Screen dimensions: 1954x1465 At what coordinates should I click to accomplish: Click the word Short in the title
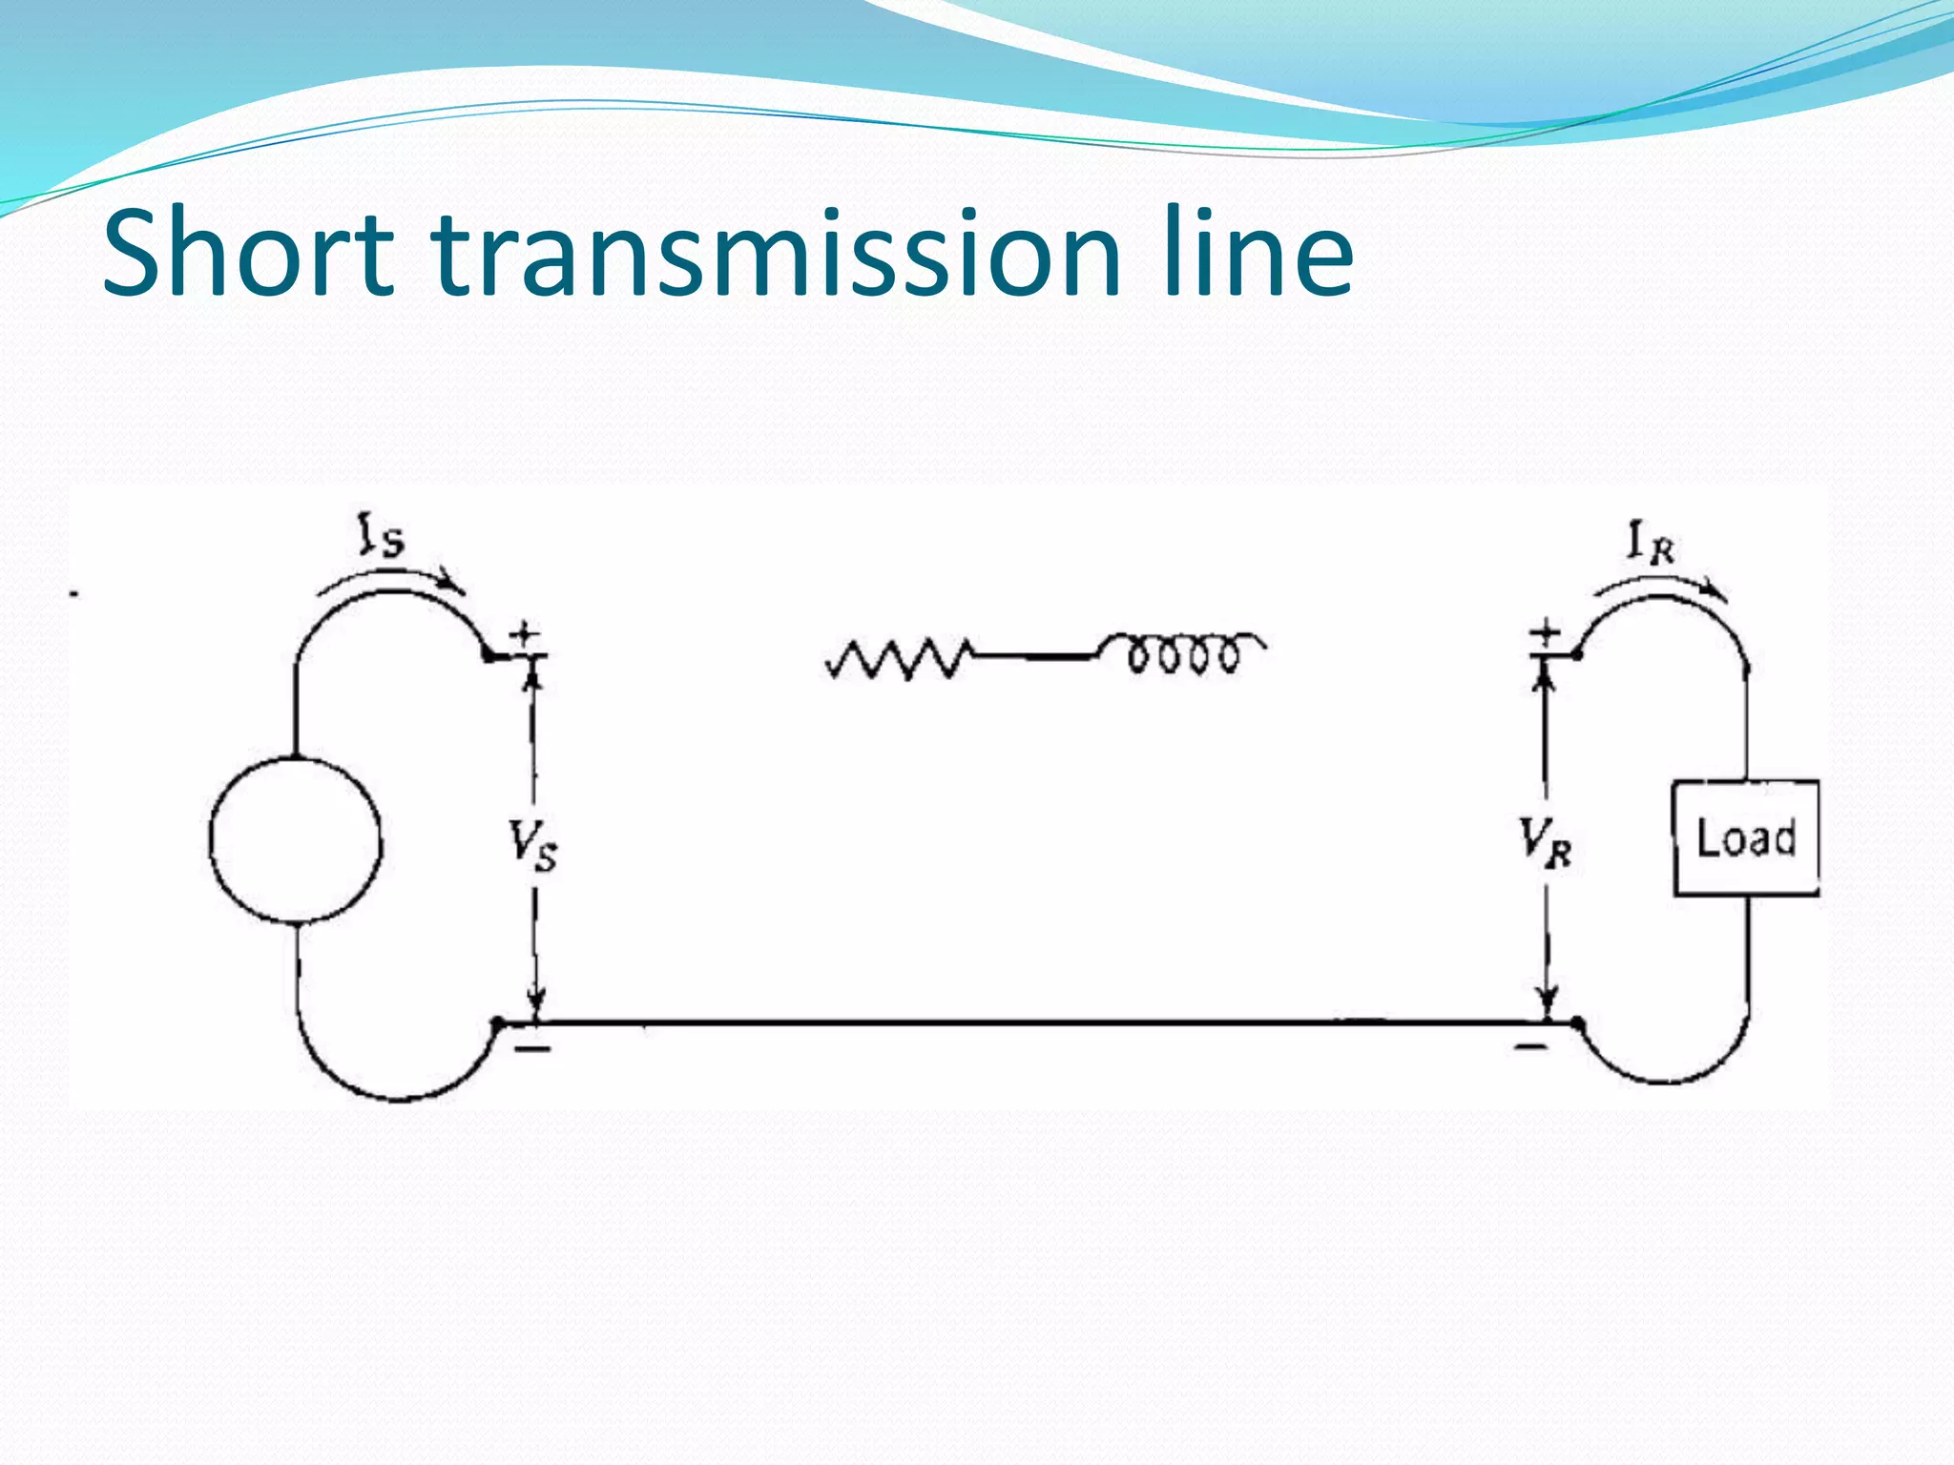247,254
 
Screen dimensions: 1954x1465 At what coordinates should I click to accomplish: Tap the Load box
1746,838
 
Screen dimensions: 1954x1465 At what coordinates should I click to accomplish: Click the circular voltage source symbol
296,840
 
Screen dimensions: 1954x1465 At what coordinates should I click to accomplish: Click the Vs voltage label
532,845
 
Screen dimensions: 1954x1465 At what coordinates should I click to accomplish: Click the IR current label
1650,544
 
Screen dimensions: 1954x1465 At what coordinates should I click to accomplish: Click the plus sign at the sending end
524,633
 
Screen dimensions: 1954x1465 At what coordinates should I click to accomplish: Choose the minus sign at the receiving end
1531,1047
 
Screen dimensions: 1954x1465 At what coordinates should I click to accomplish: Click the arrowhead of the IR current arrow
1717,592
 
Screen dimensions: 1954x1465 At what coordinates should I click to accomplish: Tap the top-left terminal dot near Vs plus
488,655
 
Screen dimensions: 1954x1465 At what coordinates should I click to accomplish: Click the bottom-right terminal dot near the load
1578,1023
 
